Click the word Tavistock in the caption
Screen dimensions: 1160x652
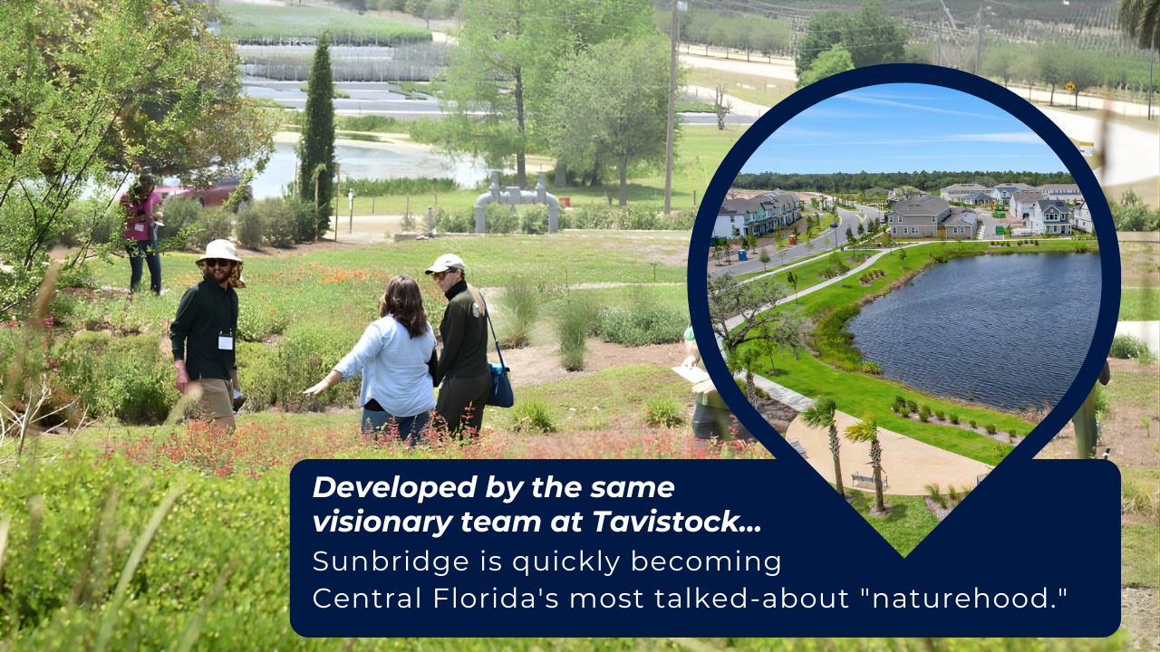click(676, 521)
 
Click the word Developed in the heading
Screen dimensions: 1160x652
click(394, 488)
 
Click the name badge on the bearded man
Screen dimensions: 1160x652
click(226, 341)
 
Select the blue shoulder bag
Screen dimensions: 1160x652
click(499, 386)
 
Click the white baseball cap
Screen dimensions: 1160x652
click(445, 264)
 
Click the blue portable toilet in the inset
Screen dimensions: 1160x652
click(742, 255)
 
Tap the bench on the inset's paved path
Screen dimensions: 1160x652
click(868, 481)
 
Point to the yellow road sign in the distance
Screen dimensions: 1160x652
click(1068, 86)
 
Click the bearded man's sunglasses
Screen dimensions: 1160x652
click(217, 263)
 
